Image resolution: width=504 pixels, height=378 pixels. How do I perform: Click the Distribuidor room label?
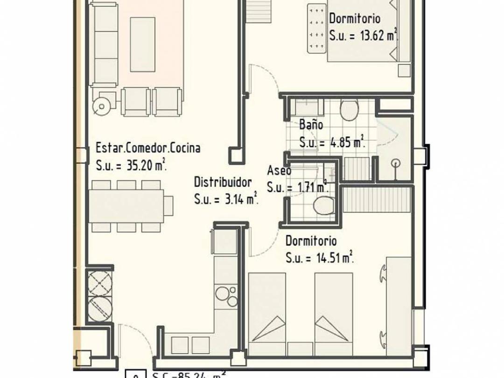click(223, 182)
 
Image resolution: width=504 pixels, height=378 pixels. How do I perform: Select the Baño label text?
click(311, 125)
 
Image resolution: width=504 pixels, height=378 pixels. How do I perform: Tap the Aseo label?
click(279, 170)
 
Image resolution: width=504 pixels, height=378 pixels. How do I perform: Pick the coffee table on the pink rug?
click(142, 44)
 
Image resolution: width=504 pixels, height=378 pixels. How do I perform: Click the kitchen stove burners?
click(226, 296)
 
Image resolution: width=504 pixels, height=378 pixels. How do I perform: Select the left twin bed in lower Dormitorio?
click(267, 313)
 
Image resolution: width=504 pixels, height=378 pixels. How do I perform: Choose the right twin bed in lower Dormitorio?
click(333, 313)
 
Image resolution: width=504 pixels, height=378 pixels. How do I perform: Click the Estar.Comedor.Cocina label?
click(148, 148)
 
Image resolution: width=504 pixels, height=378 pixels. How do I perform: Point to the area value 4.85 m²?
click(347, 143)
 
